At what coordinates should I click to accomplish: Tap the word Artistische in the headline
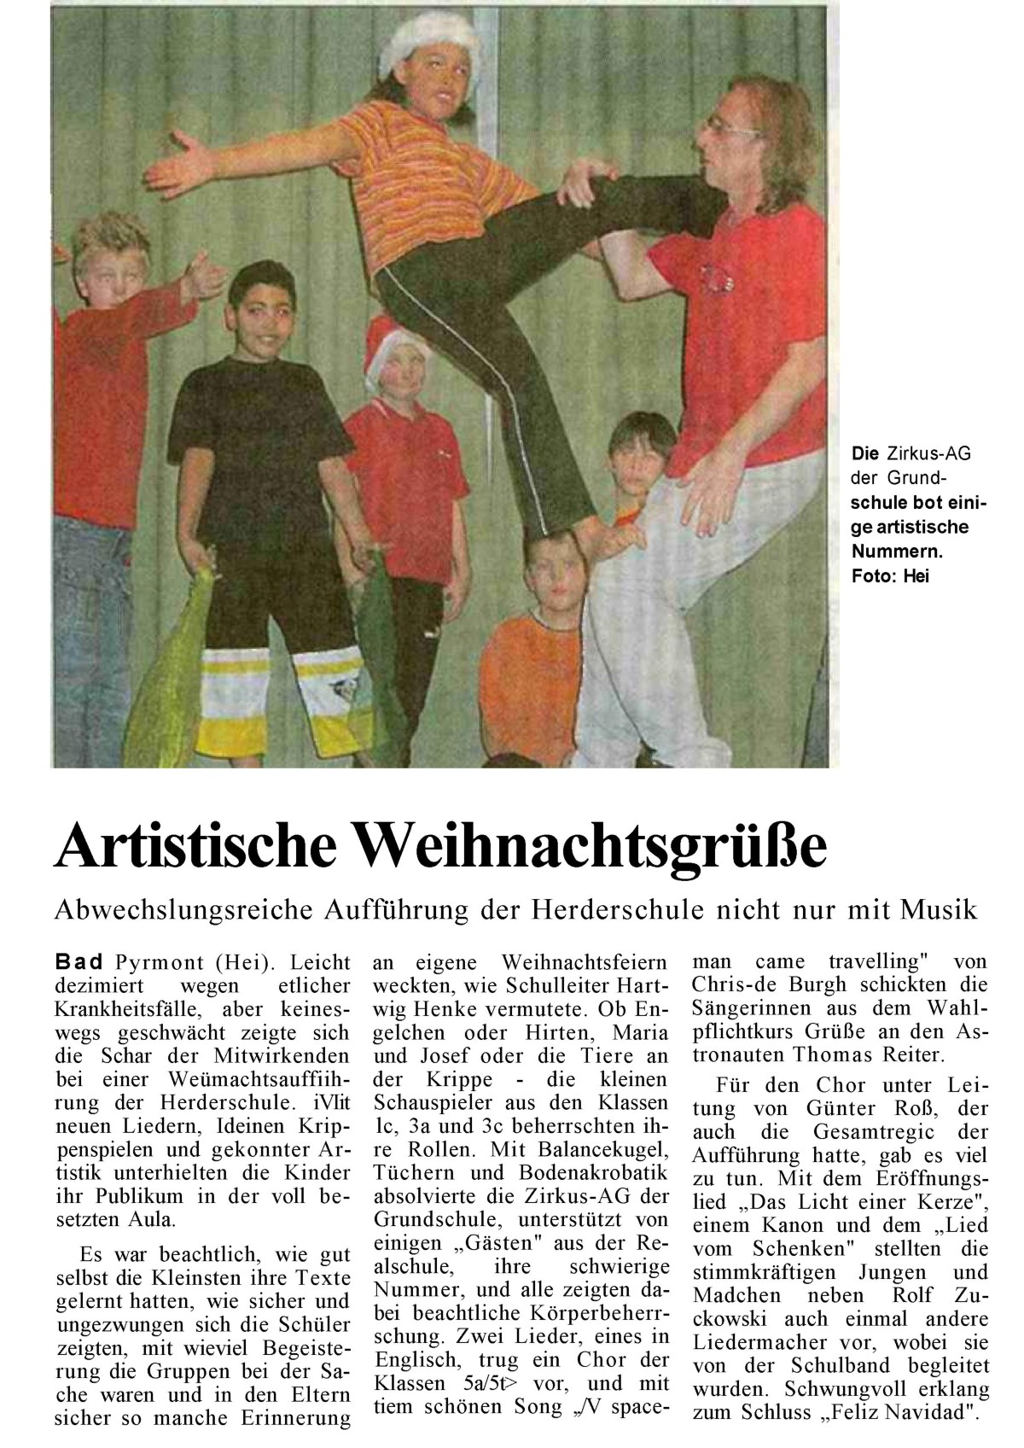coord(200,848)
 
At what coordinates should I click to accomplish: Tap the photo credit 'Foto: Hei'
coord(889,576)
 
